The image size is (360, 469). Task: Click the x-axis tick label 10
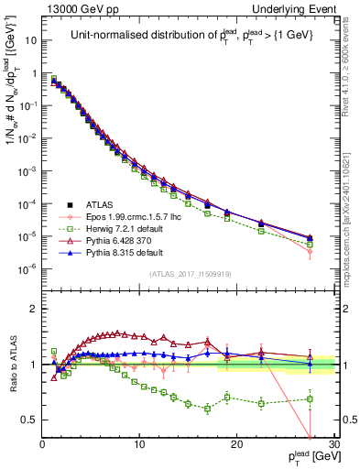[139, 445]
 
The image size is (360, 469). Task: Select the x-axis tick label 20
[237, 445]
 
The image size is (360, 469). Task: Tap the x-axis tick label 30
[334, 445]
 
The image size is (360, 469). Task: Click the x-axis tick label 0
[42, 445]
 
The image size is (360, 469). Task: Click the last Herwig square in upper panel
[311, 245]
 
